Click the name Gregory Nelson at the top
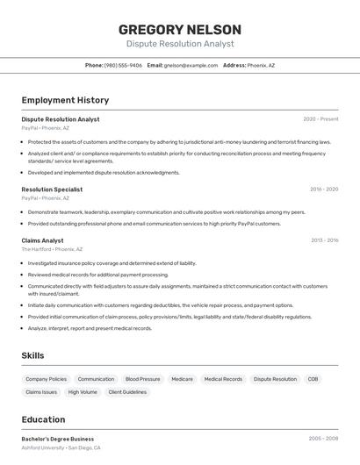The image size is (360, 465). point(179,29)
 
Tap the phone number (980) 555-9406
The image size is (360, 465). point(123,65)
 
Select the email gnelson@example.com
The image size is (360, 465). point(191,65)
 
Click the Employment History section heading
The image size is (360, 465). point(65,100)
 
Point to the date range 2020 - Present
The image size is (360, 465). point(320,119)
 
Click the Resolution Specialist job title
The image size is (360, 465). point(52,190)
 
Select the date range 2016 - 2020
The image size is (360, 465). point(323,190)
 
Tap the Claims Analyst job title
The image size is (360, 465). point(42,240)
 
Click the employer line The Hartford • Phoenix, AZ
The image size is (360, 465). point(53,249)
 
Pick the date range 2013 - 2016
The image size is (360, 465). point(324,240)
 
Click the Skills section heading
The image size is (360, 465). point(32,355)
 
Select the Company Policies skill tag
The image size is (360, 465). point(46,379)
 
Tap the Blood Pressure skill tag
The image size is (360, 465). point(142,379)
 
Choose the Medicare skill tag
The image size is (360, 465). point(182,379)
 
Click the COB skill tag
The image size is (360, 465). point(313,379)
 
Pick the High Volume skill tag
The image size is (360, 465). point(83,392)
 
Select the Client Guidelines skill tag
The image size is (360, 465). point(127,392)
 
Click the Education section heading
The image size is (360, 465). point(43,419)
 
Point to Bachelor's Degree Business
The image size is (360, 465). point(57,439)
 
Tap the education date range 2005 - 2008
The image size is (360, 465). point(323,439)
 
